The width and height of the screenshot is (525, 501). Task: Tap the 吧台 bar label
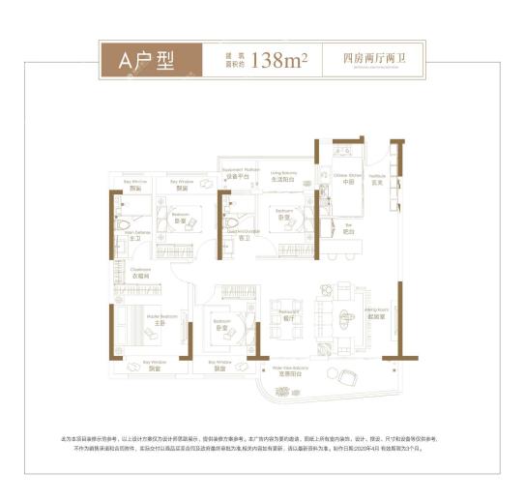click(350, 233)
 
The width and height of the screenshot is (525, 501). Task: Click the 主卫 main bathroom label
click(123, 238)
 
